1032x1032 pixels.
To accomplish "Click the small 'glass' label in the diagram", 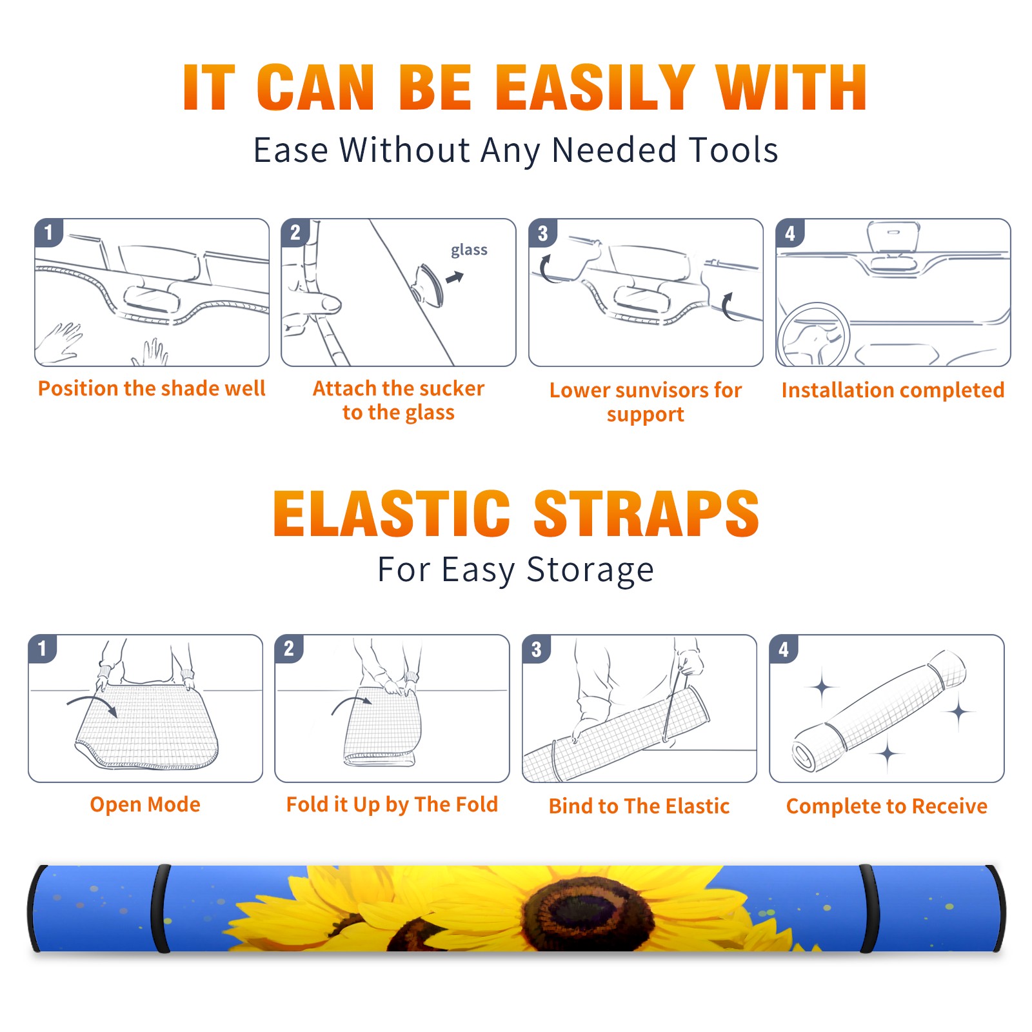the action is coord(469,250).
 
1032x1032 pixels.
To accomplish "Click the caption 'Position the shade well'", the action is coord(152,388).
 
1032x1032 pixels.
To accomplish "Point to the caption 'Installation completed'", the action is coord(893,390).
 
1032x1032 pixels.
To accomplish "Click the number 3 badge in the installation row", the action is coord(542,233).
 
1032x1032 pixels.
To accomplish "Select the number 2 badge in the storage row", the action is coord(289,649).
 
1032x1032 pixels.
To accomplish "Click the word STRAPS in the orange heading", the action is coord(646,513).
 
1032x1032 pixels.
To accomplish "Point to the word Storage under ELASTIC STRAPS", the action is coord(590,571).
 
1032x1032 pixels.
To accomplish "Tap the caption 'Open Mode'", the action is coord(145,804).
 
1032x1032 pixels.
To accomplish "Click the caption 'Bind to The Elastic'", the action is coord(639,806).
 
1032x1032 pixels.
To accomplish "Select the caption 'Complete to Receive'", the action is coord(886,806).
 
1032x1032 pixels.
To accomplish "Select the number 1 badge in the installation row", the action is coord(48,232).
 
